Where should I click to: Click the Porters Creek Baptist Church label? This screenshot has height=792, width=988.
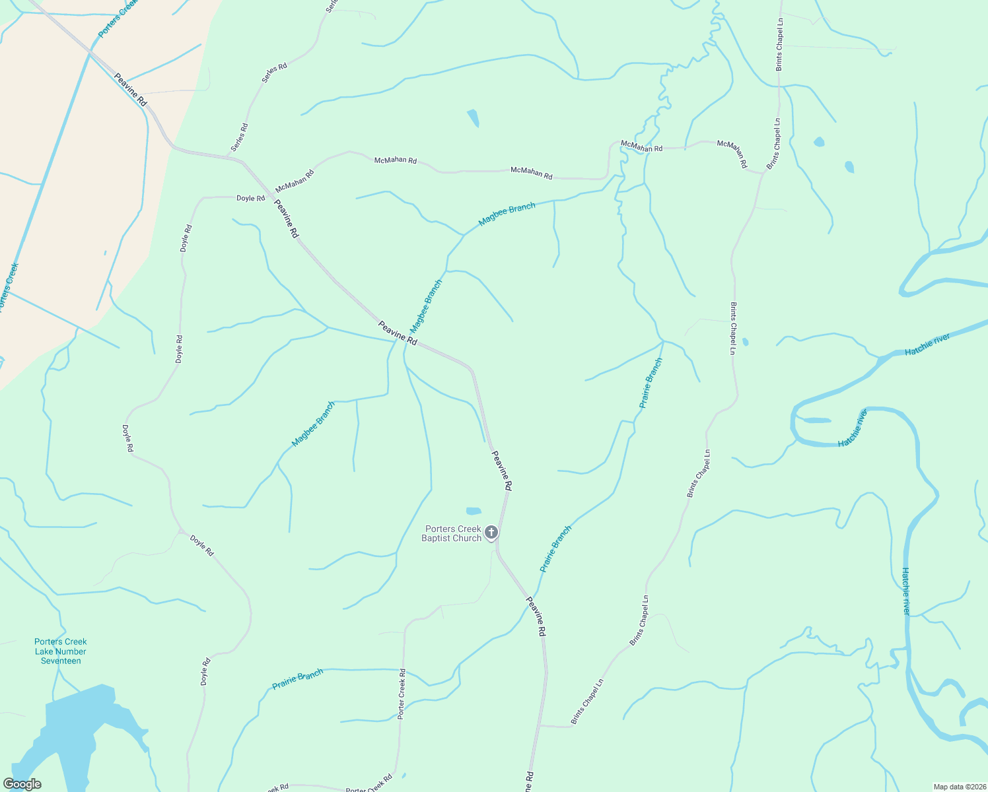(x=452, y=533)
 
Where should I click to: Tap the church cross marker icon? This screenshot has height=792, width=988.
(x=491, y=532)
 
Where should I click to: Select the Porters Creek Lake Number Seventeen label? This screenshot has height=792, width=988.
(x=61, y=651)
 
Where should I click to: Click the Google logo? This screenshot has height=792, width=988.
(x=22, y=784)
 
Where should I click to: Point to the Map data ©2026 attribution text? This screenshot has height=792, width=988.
(x=958, y=787)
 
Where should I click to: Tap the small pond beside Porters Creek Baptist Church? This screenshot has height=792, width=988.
(x=474, y=511)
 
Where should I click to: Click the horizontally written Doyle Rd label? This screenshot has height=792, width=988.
(x=250, y=198)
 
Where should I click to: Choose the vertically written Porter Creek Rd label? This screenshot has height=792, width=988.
(x=402, y=694)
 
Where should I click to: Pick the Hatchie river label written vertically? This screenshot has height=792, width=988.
(x=906, y=591)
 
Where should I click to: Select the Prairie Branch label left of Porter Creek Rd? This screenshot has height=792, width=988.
(x=298, y=679)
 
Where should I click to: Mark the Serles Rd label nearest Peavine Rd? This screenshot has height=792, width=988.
(x=240, y=137)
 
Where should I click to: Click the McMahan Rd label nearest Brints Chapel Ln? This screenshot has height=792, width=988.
(x=732, y=153)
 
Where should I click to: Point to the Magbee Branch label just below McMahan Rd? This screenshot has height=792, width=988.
(x=507, y=214)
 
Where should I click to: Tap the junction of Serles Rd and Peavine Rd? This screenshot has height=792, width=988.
(x=230, y=157)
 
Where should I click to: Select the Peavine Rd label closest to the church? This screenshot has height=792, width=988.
(x=502, y=471)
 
